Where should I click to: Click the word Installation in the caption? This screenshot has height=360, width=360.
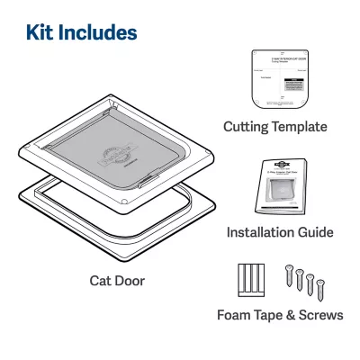[x=261, y=233]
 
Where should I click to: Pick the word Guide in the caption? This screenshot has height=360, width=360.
[x=315, y=233]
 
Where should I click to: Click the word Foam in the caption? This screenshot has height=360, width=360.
[x=236, y=316]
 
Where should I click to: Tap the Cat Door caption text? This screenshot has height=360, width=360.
[x=117, y=281]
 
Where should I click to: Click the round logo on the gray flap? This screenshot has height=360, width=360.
[x=114, y=155]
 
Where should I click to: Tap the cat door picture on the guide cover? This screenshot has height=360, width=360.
[x=283, y=193]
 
